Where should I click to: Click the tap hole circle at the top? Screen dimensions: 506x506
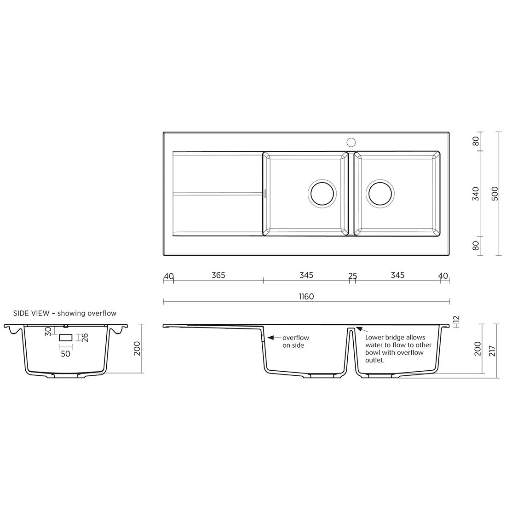[x=351, y=142]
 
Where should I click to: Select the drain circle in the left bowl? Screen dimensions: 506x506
[x=322, y=193]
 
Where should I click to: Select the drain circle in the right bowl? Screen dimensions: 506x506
[x=380, y=193]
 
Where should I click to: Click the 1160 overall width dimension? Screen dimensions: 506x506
[x=306, y=297]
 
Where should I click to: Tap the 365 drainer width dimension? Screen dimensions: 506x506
[x=218, y=275]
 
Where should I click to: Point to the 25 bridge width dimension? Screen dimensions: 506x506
[x=352, y=276]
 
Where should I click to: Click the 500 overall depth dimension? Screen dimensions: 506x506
[x=494, y=193]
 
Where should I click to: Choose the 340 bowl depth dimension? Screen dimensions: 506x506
[x=476, y=193]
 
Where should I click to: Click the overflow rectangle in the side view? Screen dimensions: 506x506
[x=66, y=338]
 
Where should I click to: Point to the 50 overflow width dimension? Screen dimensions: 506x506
[x=65, y=353]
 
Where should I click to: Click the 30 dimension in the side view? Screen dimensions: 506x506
[x=48, y=331]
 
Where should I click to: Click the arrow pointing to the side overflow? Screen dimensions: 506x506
[x=272, y=338]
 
